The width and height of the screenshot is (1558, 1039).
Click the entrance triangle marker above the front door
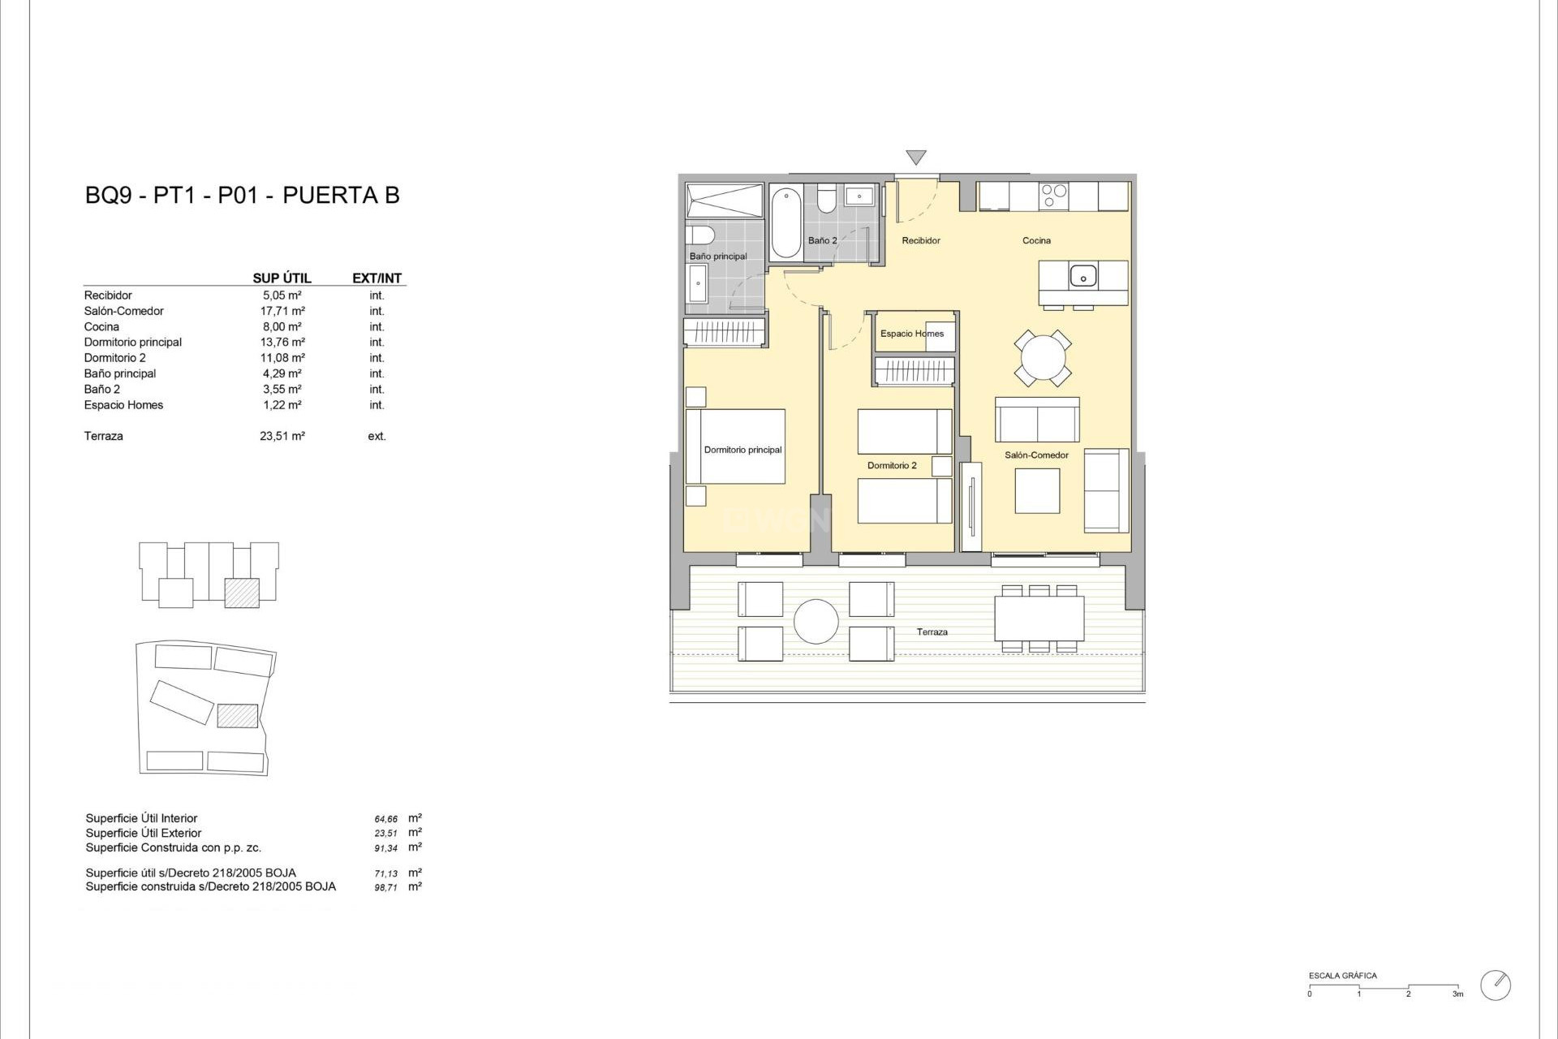tap(916, 157)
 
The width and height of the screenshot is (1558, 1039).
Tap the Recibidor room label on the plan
tap(921, 241)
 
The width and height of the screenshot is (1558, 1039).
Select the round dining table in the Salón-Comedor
tap(1042, 357)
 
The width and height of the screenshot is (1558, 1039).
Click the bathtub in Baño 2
tap(785, 222)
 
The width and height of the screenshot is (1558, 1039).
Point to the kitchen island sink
tap(1083, 276)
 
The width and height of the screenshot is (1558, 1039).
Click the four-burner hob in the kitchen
tap(1054, 196)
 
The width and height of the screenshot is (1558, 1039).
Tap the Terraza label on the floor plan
tap(932, 632)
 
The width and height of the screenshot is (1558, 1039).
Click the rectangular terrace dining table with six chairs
tap(1039, 619)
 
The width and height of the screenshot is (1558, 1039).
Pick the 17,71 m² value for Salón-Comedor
tap(282, 311)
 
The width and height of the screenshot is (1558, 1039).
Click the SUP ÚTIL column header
tap(282, 278)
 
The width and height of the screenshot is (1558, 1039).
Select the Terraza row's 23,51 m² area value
tap(282, 436)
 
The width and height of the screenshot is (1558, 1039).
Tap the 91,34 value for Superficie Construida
tap(386, 848)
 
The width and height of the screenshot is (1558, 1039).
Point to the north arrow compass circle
tap(1495, 985)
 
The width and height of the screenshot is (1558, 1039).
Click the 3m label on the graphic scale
tap(1458, 994)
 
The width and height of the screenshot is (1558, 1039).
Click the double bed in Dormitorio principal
tap(735, 446)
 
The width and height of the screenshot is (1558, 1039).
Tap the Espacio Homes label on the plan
tap(912, 334)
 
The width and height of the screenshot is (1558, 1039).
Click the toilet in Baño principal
tap(699, 235)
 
